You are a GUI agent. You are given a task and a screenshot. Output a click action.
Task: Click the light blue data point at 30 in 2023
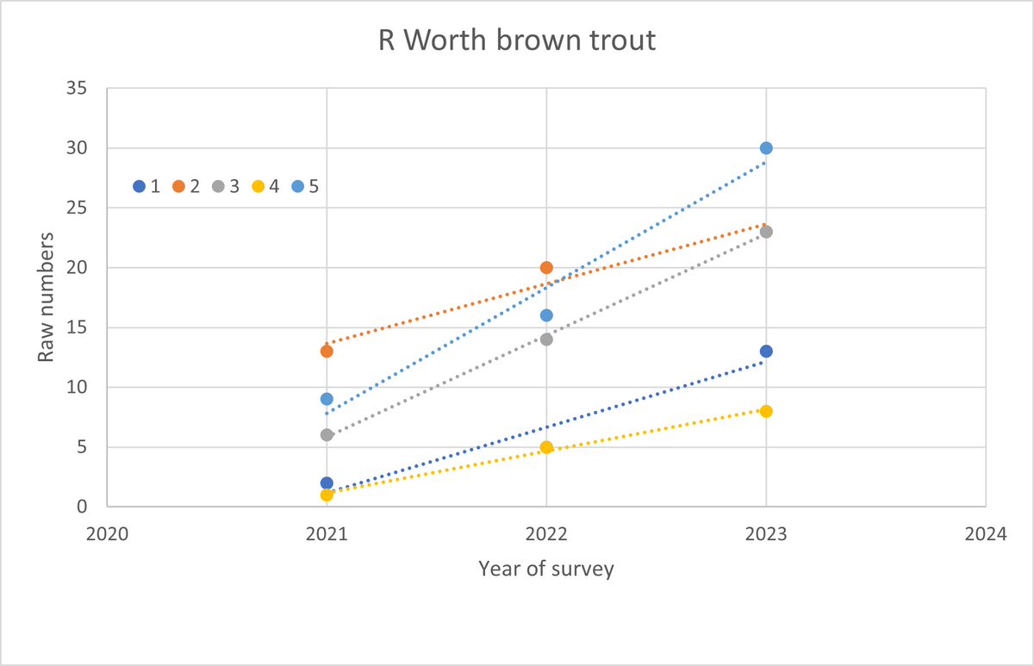coord(766,148)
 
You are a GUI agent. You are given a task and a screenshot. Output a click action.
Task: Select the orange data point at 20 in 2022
coord(546,268)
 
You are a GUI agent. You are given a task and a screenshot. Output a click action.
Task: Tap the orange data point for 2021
coord(327,351)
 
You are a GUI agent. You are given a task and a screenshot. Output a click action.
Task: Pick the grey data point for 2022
coord(546,339)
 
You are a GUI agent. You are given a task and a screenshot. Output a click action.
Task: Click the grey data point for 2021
coord(327,435)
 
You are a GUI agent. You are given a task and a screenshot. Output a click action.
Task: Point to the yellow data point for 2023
coord(766,411)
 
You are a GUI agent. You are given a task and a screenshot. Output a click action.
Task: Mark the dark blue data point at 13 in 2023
coord(766,352)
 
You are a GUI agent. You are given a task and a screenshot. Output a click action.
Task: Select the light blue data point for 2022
coord(546,315)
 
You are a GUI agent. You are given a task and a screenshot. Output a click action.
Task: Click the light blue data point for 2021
coord(327,399)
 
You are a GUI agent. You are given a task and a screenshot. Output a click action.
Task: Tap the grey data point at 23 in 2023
coord(766,232)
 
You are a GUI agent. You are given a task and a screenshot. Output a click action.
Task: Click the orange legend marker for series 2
coord(178,186)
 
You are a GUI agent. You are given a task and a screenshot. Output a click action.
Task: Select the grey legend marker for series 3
coord(218,186)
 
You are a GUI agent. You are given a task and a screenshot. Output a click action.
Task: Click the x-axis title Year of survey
coord(546,569)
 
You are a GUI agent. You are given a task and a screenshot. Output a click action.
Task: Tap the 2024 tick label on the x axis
coord(985,533)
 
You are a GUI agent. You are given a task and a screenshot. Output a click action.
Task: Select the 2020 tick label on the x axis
coord(107,533)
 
